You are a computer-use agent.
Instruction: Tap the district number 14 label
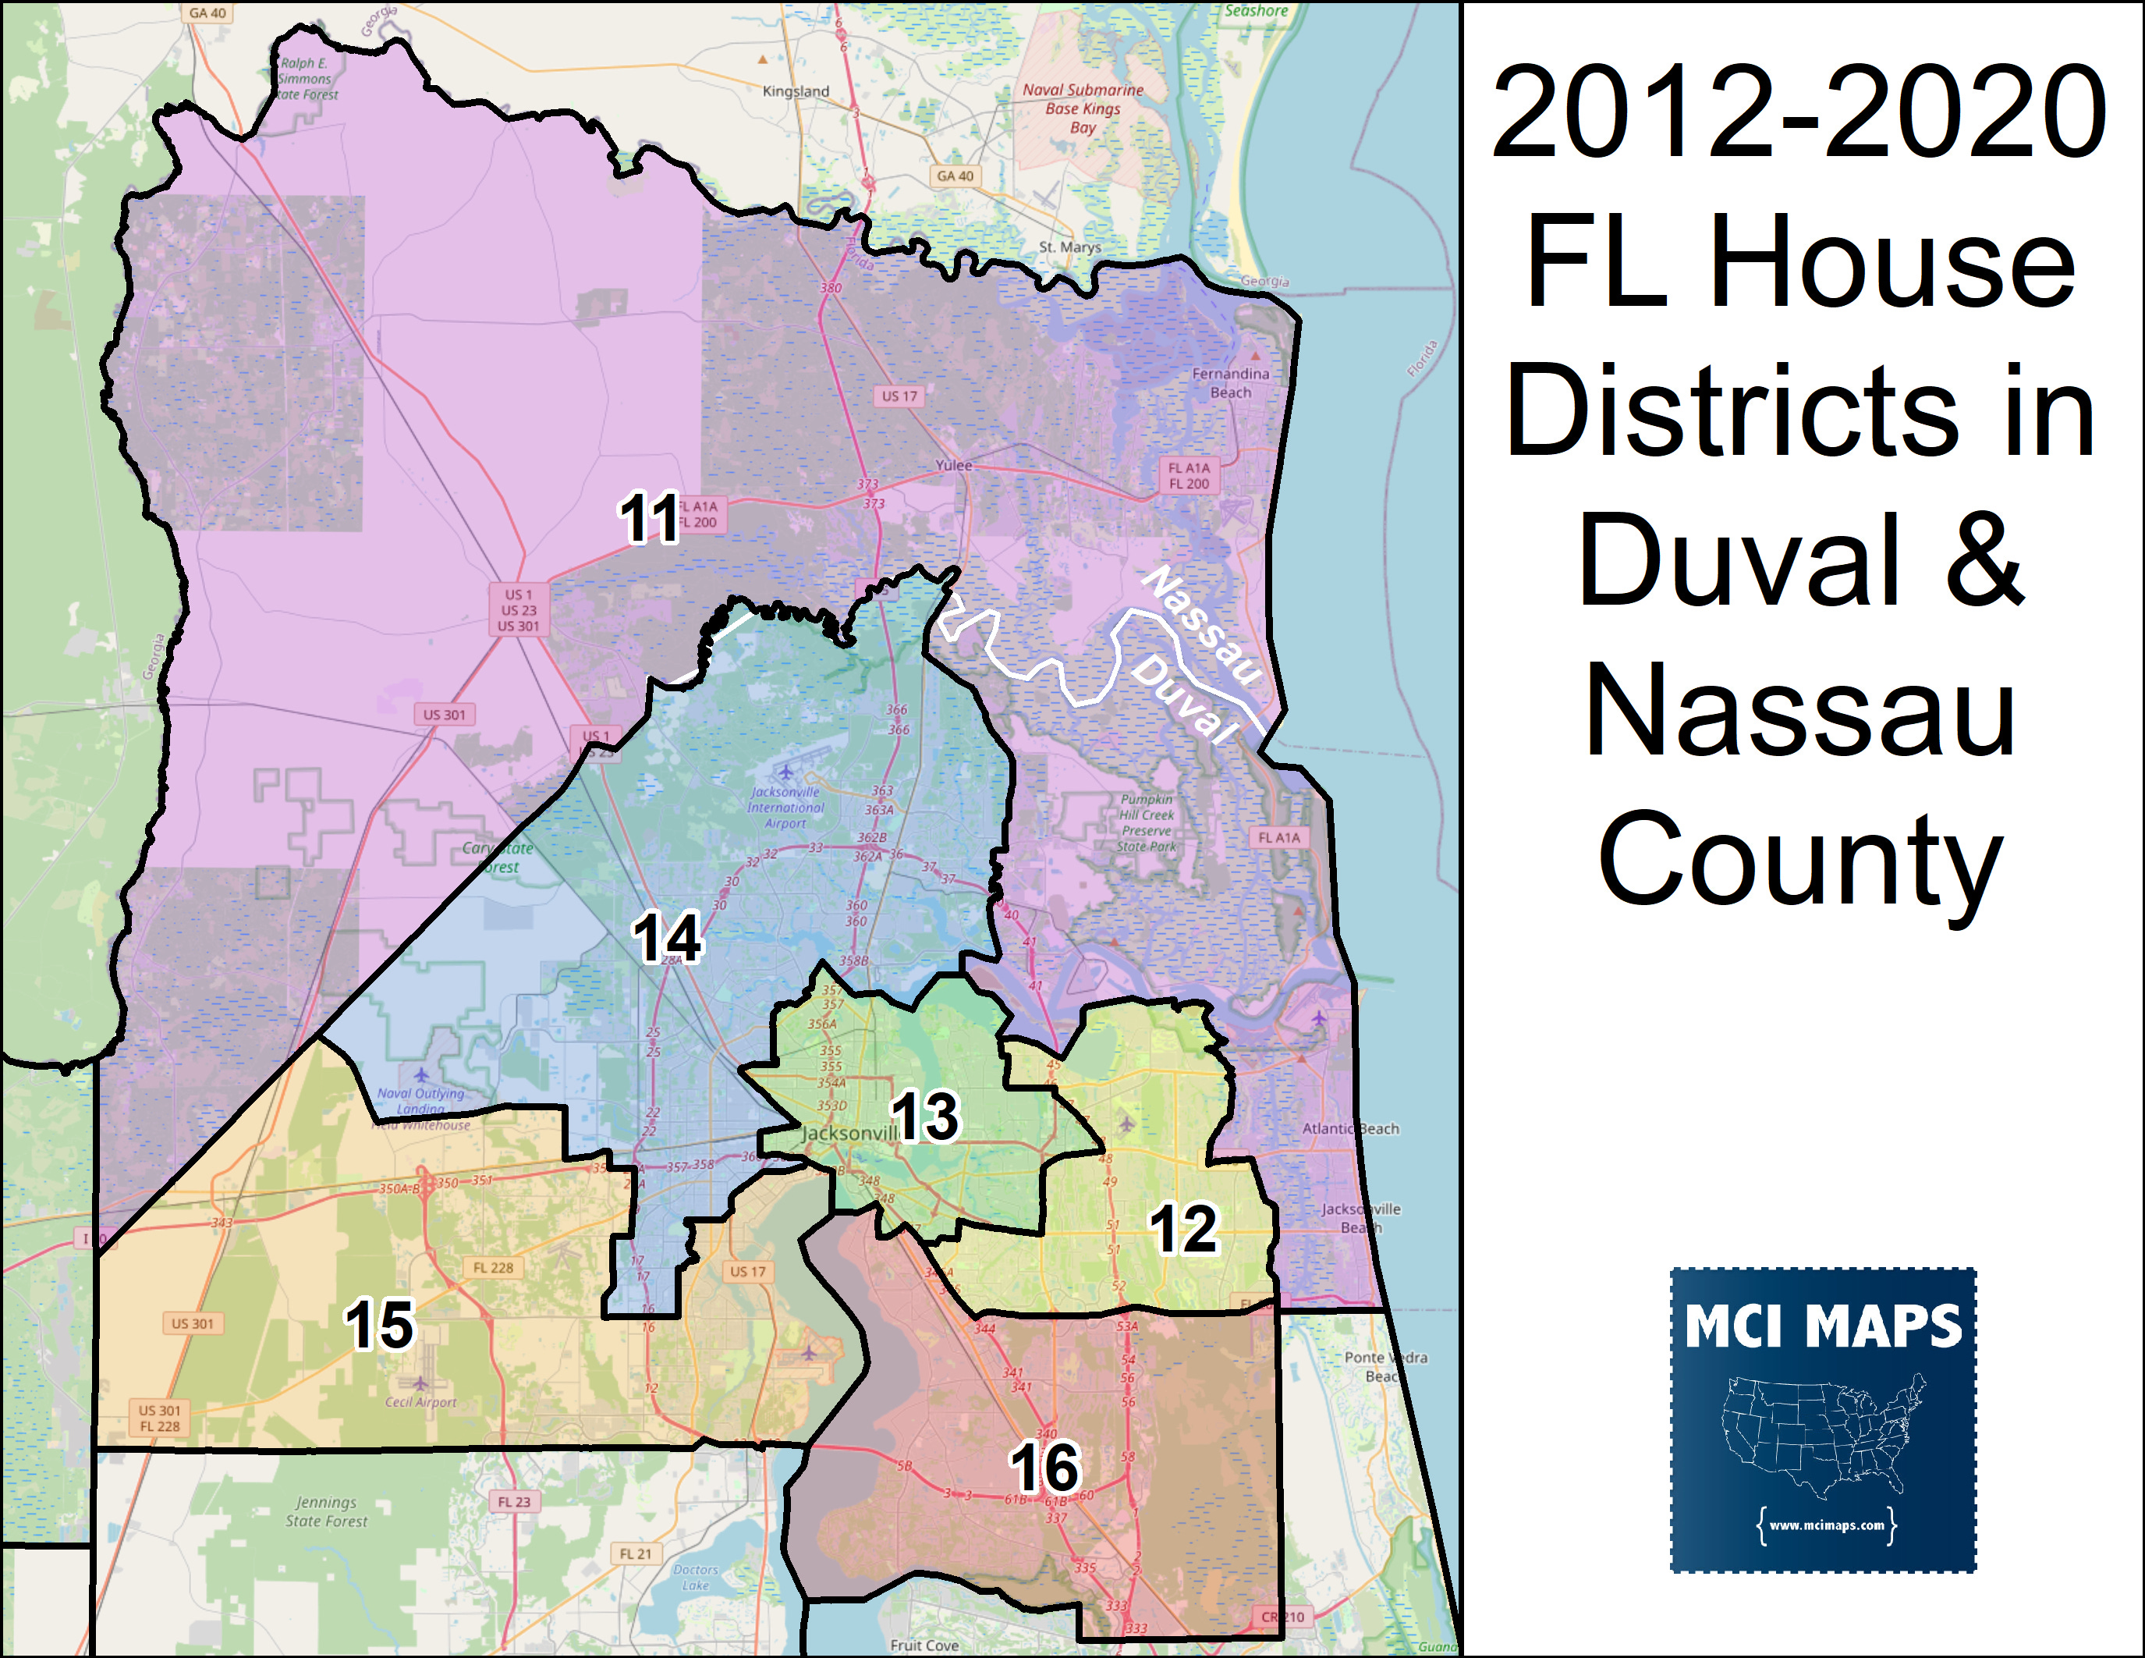click(x=667, y=937)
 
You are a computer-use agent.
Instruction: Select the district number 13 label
click(x=924, y=1117)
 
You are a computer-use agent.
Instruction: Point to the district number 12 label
click(x=1183, y=1229)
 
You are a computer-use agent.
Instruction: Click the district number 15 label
click(x=379, y=1324)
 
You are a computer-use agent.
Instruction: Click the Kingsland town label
click(x=796, y=91)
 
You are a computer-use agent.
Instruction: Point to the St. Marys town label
click(x=1069, y=247)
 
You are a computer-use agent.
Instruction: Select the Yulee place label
click(x=952, y=466)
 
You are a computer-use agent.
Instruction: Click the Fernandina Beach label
click(x=1231, y=383)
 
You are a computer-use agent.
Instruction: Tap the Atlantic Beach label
click(x=1350, y=1128)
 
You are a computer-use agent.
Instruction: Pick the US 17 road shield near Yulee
click(x=899, y=396)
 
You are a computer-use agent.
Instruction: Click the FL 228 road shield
click(x=493, y=1268)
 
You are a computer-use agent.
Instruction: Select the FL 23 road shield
click(x=514, y=1502)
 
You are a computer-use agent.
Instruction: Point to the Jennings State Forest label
click(x=326, y=1511)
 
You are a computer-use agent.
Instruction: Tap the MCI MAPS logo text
click(x=1823, y=1327)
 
